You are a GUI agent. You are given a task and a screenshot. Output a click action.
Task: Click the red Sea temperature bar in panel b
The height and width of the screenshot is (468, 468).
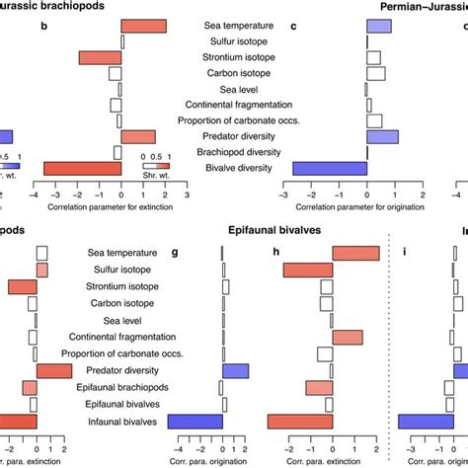(x=144, y=26)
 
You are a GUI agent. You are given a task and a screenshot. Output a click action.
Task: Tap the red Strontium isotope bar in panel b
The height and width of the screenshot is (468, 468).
(x=101, y=57)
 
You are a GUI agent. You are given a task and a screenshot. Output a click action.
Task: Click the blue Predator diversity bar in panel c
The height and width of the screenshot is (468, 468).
(x=382, y=136)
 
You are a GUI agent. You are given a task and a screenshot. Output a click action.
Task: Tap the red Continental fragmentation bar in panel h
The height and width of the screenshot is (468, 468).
(x=348, y=338)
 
